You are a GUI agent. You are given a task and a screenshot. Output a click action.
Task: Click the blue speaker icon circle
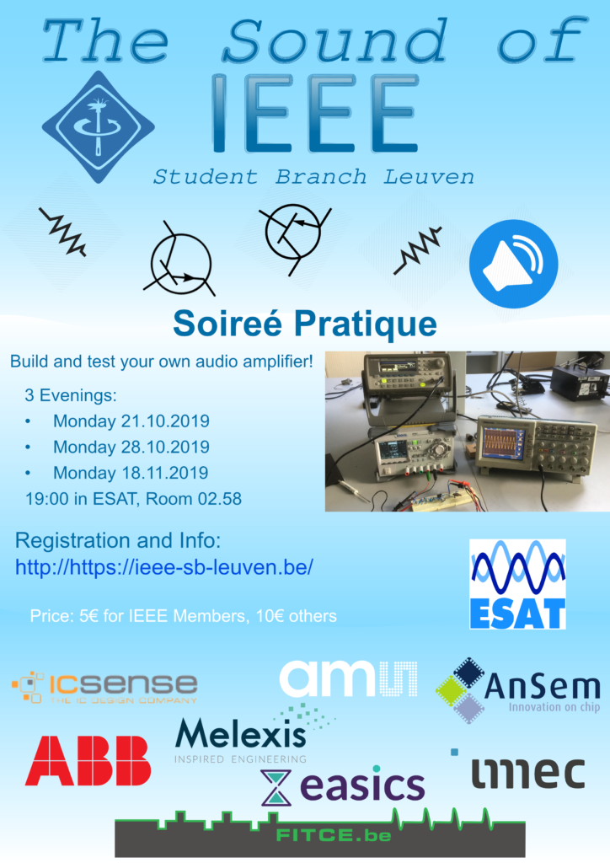(513, 264)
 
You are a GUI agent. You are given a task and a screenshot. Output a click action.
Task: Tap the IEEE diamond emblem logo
(99, 126)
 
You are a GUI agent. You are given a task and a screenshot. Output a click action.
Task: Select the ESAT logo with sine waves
(517, 584)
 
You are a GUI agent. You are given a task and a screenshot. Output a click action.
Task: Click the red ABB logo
(88, 761)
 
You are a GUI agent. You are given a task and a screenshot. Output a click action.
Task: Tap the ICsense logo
(104, 687)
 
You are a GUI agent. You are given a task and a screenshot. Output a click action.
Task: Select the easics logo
(343, 785)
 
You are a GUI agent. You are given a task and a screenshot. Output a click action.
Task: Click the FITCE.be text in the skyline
(334, 835)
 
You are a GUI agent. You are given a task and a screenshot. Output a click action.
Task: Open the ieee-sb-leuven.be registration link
(164, 567)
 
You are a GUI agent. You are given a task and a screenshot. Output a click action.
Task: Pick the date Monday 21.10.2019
(131, 421)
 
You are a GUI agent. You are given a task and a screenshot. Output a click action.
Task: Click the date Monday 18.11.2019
(131, 473)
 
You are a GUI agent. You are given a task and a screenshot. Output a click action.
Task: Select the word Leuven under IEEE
(429, 177)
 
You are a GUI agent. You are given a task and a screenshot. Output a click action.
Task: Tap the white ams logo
(348, 678)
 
